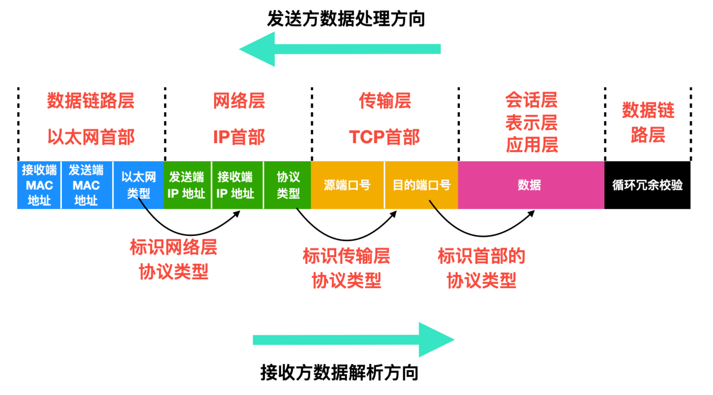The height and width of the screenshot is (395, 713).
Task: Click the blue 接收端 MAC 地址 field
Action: pos(39,185)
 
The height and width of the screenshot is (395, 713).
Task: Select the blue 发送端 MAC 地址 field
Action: pos(86,185)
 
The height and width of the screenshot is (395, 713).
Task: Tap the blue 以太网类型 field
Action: pos(138,185)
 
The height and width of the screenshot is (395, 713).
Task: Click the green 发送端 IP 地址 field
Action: pos(187,185)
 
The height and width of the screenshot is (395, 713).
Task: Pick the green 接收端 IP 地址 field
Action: pos(235,185)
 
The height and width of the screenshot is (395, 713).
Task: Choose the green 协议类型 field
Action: pos(288,185)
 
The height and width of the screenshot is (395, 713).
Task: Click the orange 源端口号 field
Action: pos(347,185)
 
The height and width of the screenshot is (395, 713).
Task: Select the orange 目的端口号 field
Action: pos(421,185)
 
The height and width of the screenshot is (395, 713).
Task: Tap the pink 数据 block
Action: pos(530,185)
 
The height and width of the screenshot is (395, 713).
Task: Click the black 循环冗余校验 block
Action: pos(647,185)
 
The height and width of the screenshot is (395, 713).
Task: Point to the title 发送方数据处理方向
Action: pos(346,19)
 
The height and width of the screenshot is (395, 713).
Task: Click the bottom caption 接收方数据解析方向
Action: pos(339,372)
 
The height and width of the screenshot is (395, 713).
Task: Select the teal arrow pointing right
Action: pos(353,340)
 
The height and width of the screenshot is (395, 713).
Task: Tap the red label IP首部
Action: pos(239,137)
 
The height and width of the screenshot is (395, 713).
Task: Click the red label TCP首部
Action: pos(384,137)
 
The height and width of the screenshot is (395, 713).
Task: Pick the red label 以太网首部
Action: pos(91,137)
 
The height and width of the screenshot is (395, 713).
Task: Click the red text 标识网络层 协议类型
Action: pos(174,260)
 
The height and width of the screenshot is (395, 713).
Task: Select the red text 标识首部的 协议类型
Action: pos(482,268)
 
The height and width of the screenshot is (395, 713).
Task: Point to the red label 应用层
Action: pos(532,145)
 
